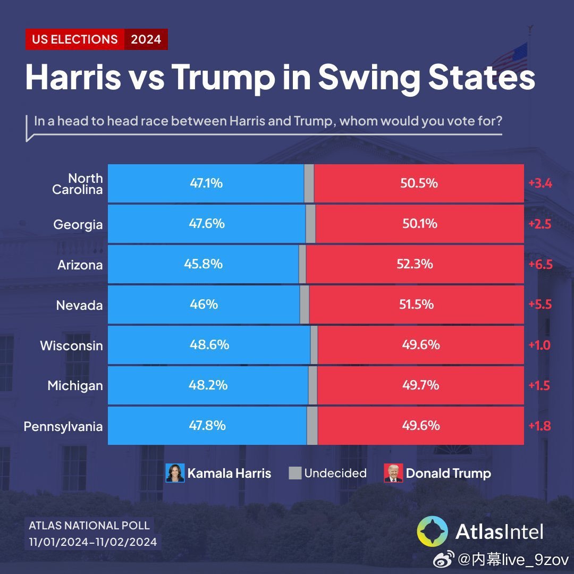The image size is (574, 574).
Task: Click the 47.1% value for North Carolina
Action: [x=206, y=183]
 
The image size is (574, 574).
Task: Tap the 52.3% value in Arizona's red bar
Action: [x=415, y=264]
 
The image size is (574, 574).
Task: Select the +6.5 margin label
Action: [x=541, y=265]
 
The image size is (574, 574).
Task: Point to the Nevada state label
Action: [x=79, y=306]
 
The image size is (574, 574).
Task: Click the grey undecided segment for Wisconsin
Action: [x=314, y=345]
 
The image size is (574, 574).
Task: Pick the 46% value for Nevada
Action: [x=204, y=305]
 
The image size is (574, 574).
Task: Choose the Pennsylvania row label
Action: [x=63, y=427]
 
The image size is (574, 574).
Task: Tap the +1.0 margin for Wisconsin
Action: [x=539, y=345]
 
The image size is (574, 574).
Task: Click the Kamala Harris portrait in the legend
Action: [x=175, y=472]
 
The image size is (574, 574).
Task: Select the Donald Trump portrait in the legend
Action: [x=393, y=472]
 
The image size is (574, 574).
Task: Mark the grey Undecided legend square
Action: [x=295, y=472]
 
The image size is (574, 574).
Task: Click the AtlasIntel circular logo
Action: [x=433, y=531]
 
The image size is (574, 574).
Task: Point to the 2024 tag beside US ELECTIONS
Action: [x=146, y=39]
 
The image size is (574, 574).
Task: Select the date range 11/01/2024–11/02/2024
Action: [x=93, y=542]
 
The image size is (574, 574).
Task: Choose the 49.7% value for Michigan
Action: [x=420, y=385]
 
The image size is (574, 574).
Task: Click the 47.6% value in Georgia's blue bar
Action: [x=207, y=224]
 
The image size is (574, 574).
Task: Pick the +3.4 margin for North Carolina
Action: [x=541, y=184]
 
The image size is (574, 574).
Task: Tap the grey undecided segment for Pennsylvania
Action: [x=312, y=426]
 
